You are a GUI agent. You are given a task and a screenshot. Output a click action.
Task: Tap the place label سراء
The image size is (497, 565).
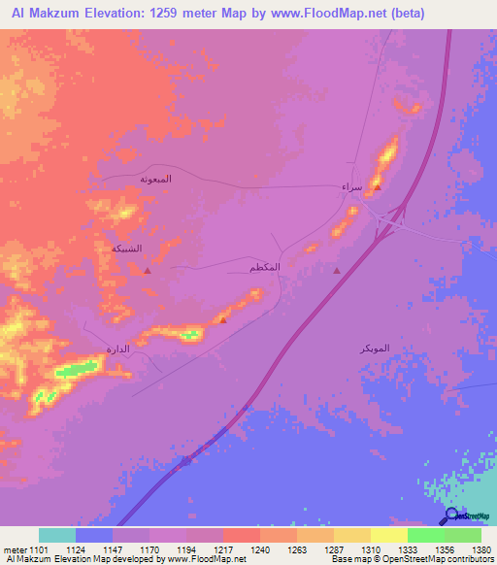[x=351, y=185]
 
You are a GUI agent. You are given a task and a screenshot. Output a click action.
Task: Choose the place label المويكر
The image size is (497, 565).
[x=374, y=347]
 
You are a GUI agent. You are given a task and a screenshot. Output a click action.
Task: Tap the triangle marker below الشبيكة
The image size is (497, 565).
[x=147, y=271]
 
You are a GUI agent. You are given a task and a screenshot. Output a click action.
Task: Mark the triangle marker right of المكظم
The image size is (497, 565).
[x=337, y=271]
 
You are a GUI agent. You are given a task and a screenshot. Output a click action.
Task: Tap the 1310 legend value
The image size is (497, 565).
[x=370, y=549]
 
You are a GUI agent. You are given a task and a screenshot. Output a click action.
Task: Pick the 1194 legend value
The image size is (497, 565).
[x=185, y=549]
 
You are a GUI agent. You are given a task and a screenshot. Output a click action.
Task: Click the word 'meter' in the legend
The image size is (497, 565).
[x=14, y=549]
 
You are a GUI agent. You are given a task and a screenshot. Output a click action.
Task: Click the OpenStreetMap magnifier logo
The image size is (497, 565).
[x=451, y=517]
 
